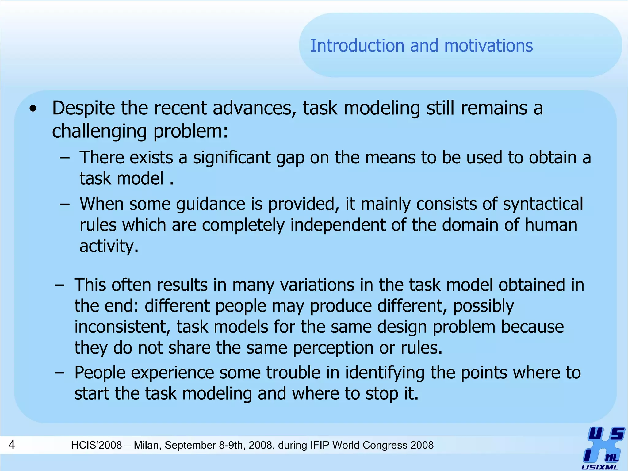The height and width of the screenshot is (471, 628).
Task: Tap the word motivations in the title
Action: click(488, 46)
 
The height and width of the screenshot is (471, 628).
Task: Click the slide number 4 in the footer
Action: click(12, 444)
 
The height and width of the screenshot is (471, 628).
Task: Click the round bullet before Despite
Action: click(33, 109)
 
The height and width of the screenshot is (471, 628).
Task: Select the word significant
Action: click(232, 158)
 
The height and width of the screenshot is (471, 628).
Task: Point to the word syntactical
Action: click(543, 204)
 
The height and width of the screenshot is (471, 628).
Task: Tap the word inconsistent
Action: click(122, 327)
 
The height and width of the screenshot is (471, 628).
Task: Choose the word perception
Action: click(333, 348)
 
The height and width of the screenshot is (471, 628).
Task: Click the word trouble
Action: click(293, 373)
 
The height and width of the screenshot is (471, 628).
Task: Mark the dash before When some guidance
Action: click(65, 204)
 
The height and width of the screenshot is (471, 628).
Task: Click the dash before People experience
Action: click(59, 373)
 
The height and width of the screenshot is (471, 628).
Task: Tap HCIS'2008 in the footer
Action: click(97, 445)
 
